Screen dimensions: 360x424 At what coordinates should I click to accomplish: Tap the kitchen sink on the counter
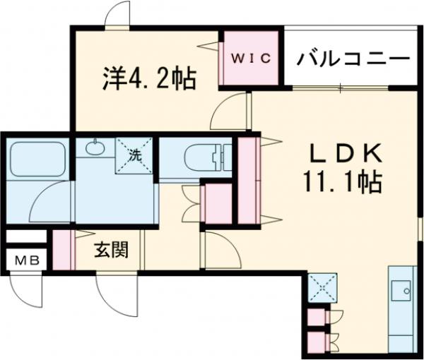(x=405, y=289)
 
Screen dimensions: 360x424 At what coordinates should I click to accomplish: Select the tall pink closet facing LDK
(x=247, y=180)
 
